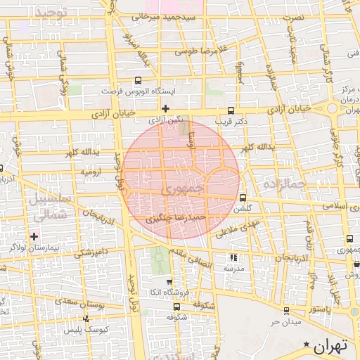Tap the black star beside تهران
tap(306, 344)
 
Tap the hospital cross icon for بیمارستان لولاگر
tap(34, 236)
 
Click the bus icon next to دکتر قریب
tap(231, 110)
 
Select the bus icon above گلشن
tap(243, 198)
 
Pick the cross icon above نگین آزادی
tap(165, 108)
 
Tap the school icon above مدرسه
tap(233, 257)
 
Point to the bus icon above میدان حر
tap(285, 310)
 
